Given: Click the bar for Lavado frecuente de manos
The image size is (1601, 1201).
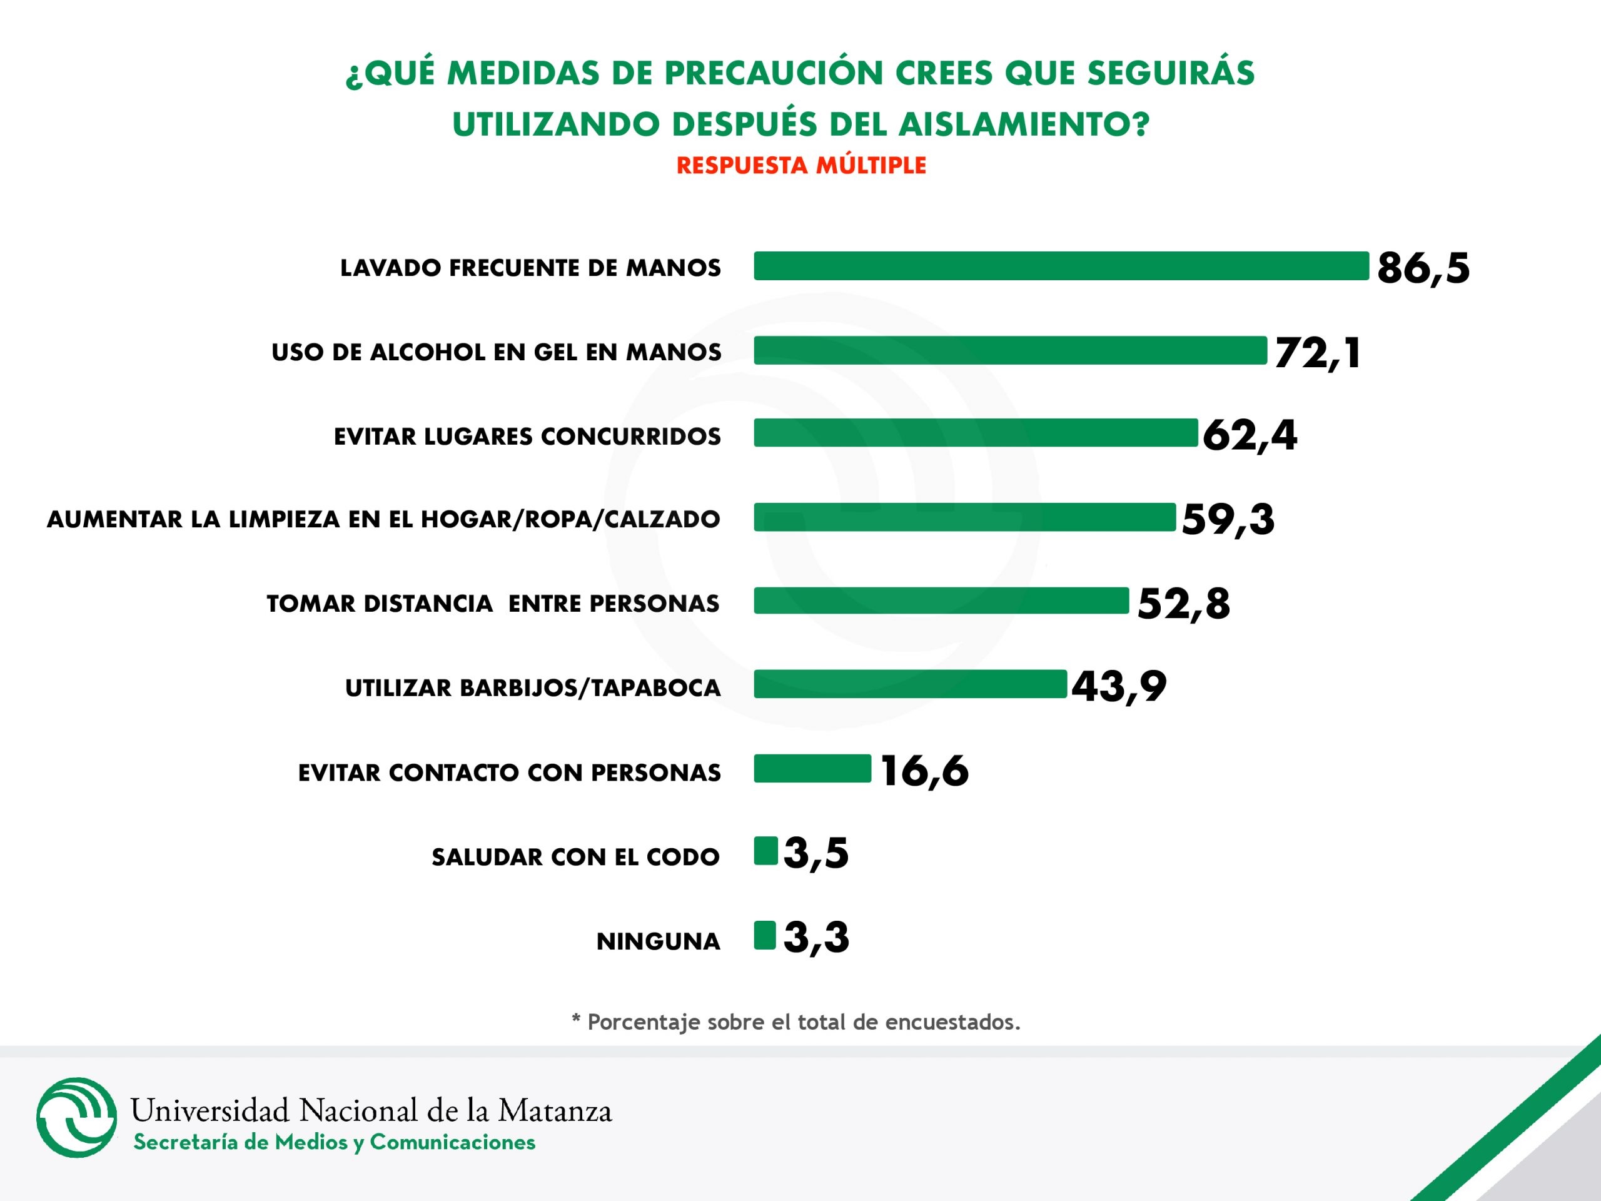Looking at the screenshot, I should [1061, 266].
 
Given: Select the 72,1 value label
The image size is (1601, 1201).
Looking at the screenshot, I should [1317, 353].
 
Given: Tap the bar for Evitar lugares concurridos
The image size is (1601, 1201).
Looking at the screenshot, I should [976, 433].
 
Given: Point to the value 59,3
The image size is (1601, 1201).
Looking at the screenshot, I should [1228, 520].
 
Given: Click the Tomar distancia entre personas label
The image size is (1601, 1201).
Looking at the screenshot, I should [493, 604].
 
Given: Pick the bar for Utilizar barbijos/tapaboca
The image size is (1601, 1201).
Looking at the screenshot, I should [910, 684].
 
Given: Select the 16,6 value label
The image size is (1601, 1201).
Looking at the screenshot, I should [924, 771].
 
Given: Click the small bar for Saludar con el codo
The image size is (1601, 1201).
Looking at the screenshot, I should [765, 851].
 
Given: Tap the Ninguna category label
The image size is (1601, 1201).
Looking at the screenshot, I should [658, 942].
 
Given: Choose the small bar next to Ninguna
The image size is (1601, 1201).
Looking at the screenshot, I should [764, 935].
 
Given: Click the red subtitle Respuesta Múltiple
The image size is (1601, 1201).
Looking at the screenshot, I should [801, 166].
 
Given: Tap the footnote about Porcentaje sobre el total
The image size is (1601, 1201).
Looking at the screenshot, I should [796, 1022].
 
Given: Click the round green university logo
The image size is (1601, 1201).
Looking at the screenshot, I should [77, 1117].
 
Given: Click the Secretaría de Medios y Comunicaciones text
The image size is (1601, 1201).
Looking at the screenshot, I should [335, 1142].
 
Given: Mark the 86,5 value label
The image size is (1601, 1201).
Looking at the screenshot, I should [1423, 268].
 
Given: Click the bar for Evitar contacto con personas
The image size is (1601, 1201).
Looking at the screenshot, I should [812, 769].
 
